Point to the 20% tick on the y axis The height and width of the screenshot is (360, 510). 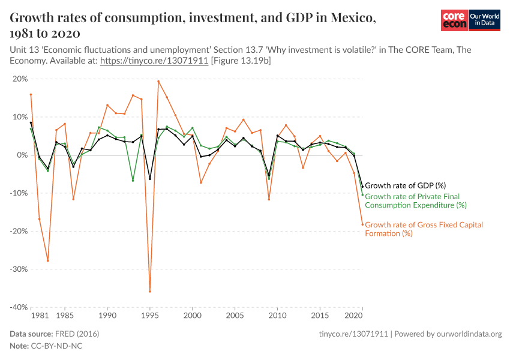pyautogui.click(x=20, y=79)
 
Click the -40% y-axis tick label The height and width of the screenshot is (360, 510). pyautogui.click(x=19, y=307)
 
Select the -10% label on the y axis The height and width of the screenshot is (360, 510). pyautogui.click(x=19, y=193)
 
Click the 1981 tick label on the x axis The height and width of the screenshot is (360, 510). pyautogui.click(x=40, y=315)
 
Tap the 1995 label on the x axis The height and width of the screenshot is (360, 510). pyautogui.click(x=150, y=315)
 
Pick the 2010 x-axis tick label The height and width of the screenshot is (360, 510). pyautogui.click(x=277, y=315)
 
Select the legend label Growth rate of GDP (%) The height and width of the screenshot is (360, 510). pyautogui.click(x=405, y=185)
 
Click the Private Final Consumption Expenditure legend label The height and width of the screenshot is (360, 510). pyautogui.click(x=415, y=200)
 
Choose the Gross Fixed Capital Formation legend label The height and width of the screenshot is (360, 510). pyautogui.click(x=424, y=229)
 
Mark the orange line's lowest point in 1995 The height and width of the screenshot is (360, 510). pyautogui.click(x=150, y=292)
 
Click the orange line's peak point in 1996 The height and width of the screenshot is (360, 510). pyautogui.click(x=158, y=81)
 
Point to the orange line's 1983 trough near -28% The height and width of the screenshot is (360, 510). pyautogui.click(x=48, y=260)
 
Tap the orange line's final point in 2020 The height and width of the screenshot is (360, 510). pyautogui.click(x=362, y=224)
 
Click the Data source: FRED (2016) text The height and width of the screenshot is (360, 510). pyautogui.click(x=55, y=334)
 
